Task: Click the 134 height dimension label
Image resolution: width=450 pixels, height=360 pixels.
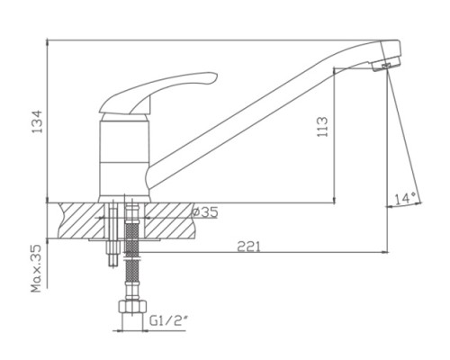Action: [38, 121]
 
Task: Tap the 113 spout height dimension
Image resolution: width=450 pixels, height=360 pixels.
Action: [322, 127]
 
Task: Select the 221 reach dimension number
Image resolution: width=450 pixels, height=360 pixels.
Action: [249, 247]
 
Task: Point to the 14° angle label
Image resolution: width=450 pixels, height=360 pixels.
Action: [405, 198]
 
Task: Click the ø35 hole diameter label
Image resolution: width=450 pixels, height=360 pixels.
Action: [205, 212]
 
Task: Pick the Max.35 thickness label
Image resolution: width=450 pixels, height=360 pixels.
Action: [36, 269]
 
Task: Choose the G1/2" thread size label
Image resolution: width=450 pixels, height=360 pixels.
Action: [168, 321]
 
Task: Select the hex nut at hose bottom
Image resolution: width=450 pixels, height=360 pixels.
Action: [132, 307]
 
